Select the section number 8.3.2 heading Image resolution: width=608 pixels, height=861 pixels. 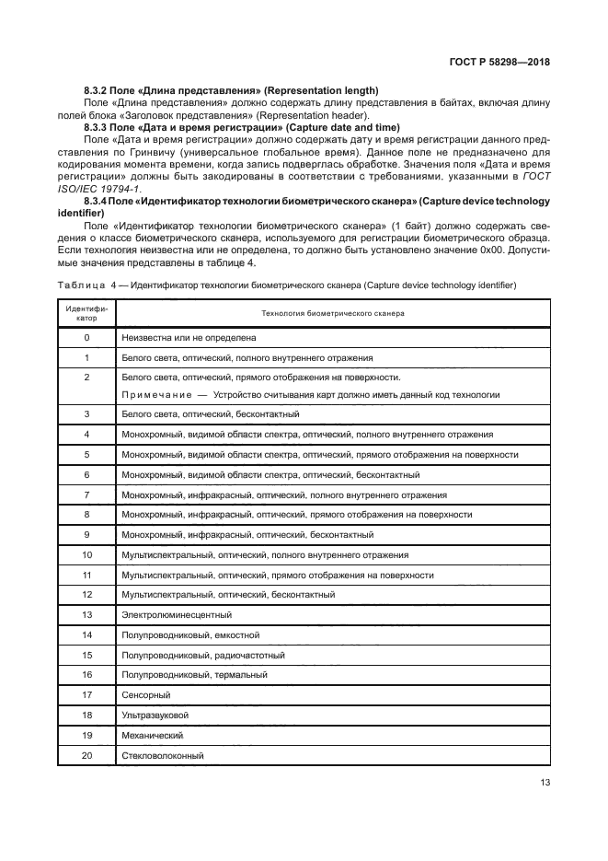click(97, 90)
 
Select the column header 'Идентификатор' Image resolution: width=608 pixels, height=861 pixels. click(86, 313)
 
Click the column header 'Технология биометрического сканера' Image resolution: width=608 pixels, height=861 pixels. click(333, 313)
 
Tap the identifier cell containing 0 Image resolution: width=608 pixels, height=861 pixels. click(86, 338)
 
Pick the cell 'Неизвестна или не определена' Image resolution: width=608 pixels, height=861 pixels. click(189, 338)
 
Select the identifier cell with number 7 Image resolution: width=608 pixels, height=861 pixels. click(86, 494)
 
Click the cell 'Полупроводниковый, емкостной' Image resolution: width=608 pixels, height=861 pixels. click(190, 634)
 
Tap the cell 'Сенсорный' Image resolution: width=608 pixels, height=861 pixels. click(146, 695)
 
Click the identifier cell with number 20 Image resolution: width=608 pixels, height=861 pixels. click(86, 756)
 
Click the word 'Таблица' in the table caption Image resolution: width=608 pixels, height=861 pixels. click(79, 285)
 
